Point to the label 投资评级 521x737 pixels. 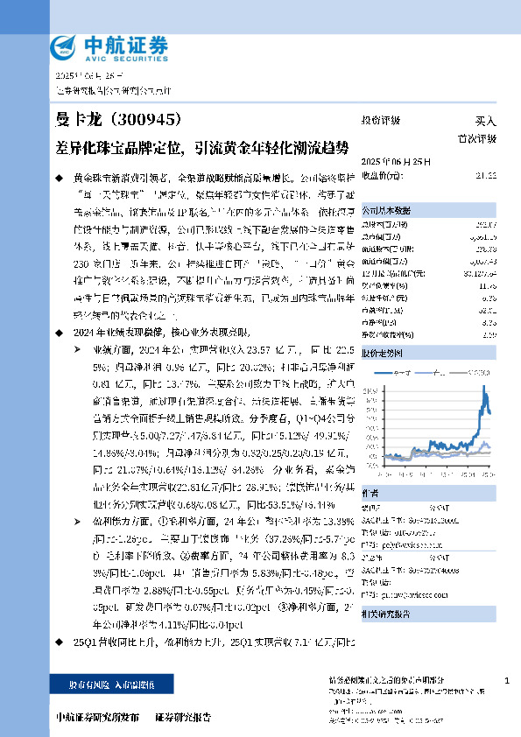point(380,122)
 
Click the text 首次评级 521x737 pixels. point(478,138)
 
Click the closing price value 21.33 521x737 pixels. point(486,176)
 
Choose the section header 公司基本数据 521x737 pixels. point(386,211)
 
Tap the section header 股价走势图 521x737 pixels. point(383,352)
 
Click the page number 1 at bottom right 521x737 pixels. point(507,680)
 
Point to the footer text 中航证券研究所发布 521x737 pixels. point(97,717)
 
